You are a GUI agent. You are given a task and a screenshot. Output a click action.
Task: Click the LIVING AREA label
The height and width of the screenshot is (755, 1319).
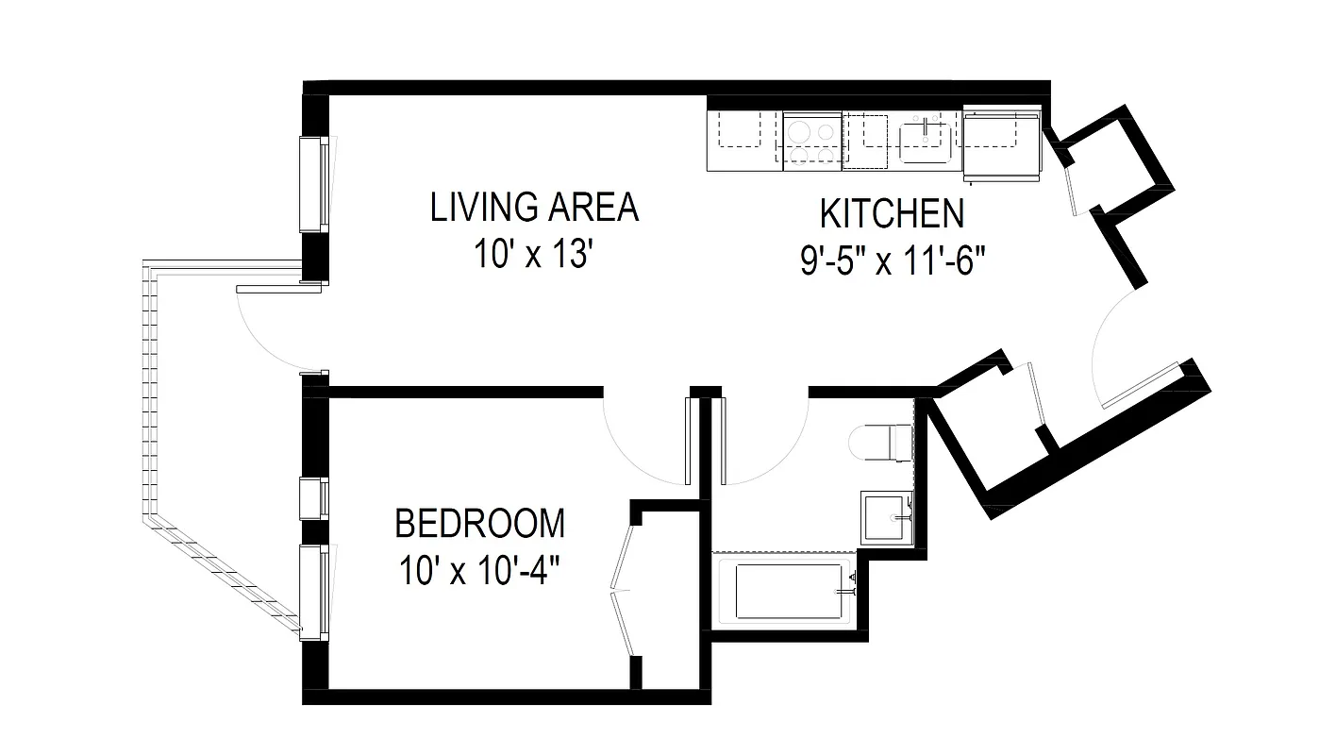pyautogui.click(x=534, y=208)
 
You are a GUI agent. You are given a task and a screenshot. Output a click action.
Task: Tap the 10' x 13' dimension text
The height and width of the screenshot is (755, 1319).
pyautogui.click(x=534, y=255)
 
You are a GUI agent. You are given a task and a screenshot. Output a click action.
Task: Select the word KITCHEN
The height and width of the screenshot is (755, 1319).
pyautogui.click(x=892, y=214)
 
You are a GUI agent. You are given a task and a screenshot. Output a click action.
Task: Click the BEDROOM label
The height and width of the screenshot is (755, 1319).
pyautogui.click(x=479, y=523)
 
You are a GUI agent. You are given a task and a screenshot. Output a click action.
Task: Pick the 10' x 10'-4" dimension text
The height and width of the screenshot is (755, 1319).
pyautogui.click(x=479, y=571)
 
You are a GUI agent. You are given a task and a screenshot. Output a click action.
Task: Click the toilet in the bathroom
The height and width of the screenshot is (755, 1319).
pyautogui.click(x=881, y=442)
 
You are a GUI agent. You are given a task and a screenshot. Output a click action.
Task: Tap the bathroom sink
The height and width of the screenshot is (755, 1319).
pyautogui.click(x=887, y=517)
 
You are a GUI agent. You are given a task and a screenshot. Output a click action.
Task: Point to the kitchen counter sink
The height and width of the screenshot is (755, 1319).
pyautogui.click(x=924, y=141)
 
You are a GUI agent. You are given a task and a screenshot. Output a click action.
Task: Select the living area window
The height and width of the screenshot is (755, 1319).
pyautogui.click(x=313, y=184)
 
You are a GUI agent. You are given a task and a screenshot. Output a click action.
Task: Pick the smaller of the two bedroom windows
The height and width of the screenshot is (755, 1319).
pyautogui.click(x=313, y=498)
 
